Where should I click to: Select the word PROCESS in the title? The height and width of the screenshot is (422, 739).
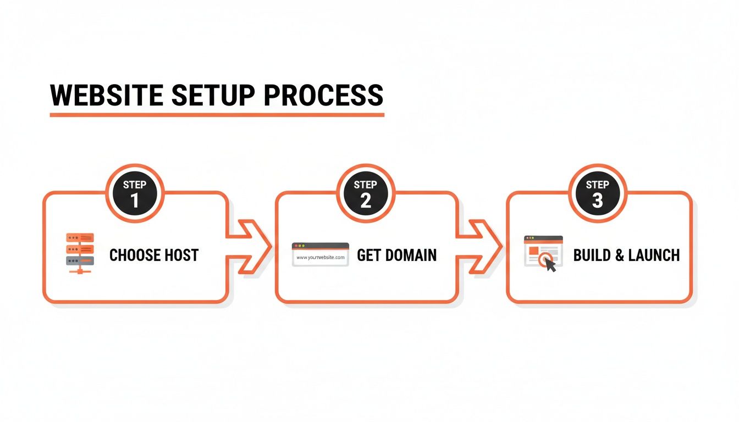click(x=323, y=95)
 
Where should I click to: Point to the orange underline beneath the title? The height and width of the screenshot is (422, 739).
click(x=217, y=115)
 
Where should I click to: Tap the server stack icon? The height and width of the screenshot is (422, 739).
click(x=80, y=253)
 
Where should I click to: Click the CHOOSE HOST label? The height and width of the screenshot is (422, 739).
click(x=154, y=255)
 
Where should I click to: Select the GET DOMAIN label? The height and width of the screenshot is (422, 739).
click(x=396, y=255)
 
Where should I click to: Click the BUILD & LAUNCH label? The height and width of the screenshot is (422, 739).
click(x=626, y=255)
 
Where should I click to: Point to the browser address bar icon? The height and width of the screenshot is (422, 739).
click(x=320, y=254)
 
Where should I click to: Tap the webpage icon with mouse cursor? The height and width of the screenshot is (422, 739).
click(x=543, y=253)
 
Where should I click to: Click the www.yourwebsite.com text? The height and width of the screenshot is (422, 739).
click(x=320, y=257)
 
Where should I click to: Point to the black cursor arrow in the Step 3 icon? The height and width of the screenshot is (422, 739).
click(x=550, y=265)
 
